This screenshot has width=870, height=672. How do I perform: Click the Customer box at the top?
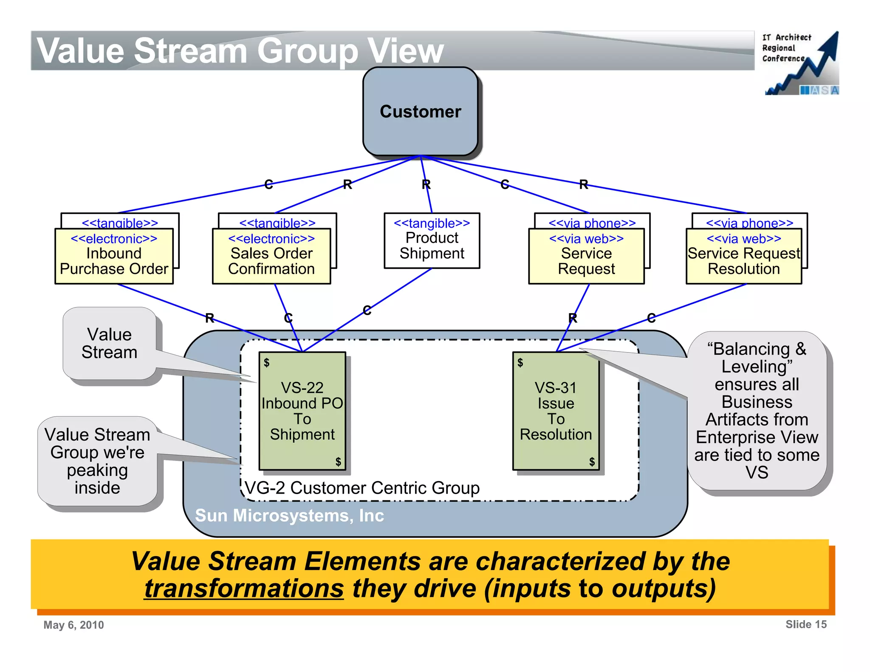pos(420,111)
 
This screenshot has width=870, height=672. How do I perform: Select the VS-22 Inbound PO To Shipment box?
pos(302,410)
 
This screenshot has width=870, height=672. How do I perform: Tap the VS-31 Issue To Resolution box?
pos(556,410)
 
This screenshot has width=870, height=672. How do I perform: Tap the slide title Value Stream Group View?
pos(240,51)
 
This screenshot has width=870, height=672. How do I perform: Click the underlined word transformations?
pos(244,589)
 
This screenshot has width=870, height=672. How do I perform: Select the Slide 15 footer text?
pos(805,624)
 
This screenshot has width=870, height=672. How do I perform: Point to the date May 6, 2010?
pos(73,625)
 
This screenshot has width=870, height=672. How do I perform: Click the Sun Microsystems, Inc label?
pos(289,515)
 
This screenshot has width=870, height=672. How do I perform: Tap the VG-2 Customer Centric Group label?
pos(362,488)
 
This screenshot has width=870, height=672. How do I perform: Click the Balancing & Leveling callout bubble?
pos(757,410)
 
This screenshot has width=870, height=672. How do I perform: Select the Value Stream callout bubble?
pos(110,343)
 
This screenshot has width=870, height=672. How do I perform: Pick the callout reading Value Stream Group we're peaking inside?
pos(97,461)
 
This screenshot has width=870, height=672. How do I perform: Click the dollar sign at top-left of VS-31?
pos(520,362)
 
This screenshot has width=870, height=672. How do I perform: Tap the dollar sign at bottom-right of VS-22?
pos(338,461)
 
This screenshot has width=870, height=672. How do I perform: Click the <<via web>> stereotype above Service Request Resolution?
pos(744,239)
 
